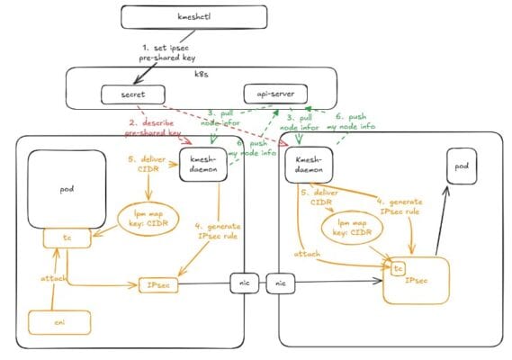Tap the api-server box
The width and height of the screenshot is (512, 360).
[x=276, y=92]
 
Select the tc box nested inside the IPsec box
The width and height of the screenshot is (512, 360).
[x=398, y=267]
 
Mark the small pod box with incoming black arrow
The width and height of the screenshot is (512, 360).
[x=461, y=167]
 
